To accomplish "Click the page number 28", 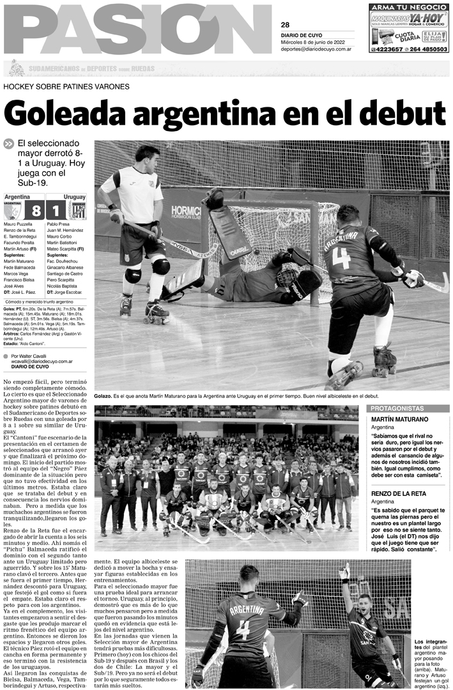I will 285,25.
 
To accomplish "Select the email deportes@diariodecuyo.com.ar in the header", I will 318,49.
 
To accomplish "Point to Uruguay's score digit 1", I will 56,210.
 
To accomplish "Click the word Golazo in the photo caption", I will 104,397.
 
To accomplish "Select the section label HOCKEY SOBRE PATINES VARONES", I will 66,86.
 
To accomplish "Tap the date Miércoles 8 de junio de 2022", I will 318,42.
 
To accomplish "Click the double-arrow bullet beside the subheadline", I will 8,144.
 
